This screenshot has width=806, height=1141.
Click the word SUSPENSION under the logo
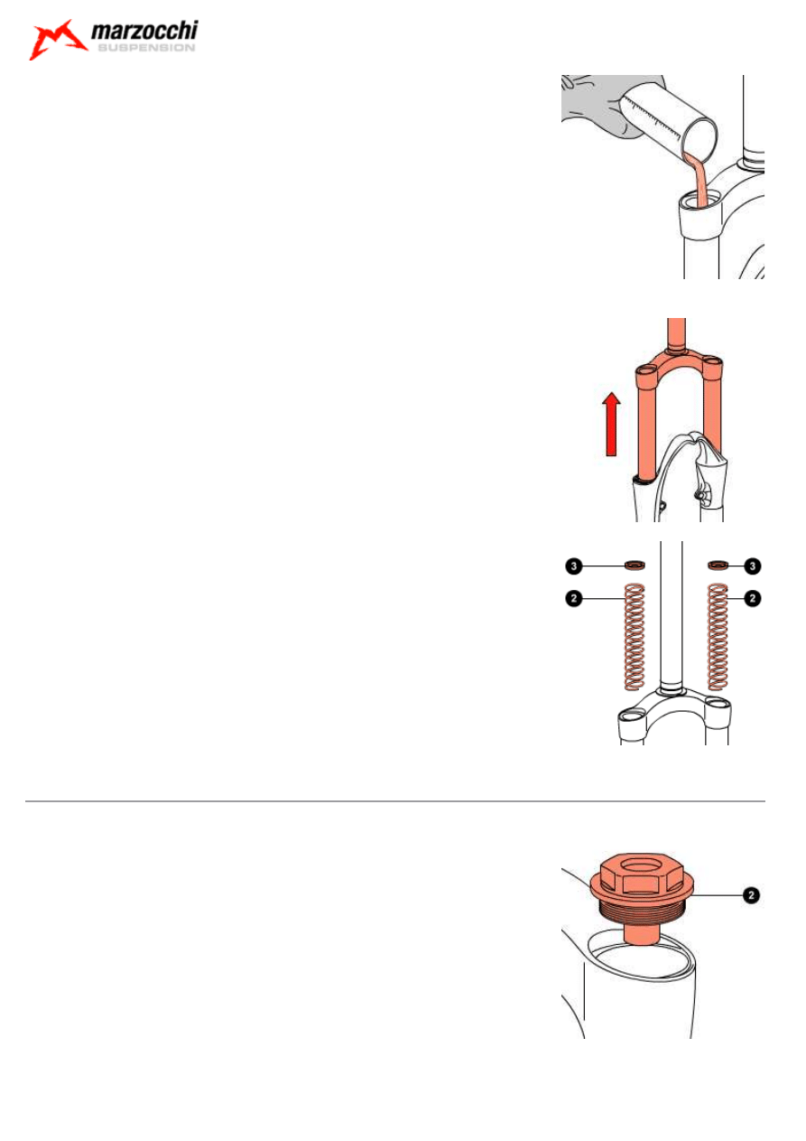pyautogui.click(x=144, y=49)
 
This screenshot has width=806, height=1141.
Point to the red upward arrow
pyautogui.click(x=611, y=424)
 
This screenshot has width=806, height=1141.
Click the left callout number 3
pyautogui.click(x=573, y=566)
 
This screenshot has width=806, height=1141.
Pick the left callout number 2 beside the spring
pyautogui.click(x=573, y=597)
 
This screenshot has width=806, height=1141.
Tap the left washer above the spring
pyautogui.click(x=635, y=566)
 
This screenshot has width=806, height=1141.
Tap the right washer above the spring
pyautogui.click(x=718, y=566)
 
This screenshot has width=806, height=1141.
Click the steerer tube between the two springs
pyautogui.click(x=672, y=623)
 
